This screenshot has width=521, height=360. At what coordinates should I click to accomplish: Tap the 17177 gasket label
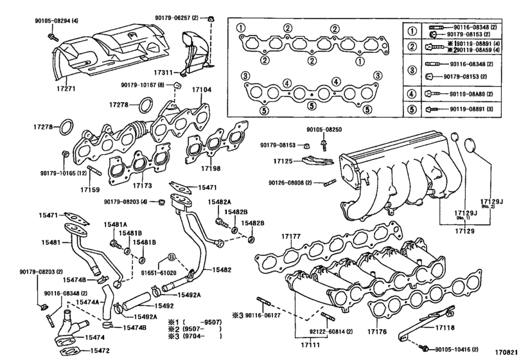291,237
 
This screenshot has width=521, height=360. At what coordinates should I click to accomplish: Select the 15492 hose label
163,305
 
